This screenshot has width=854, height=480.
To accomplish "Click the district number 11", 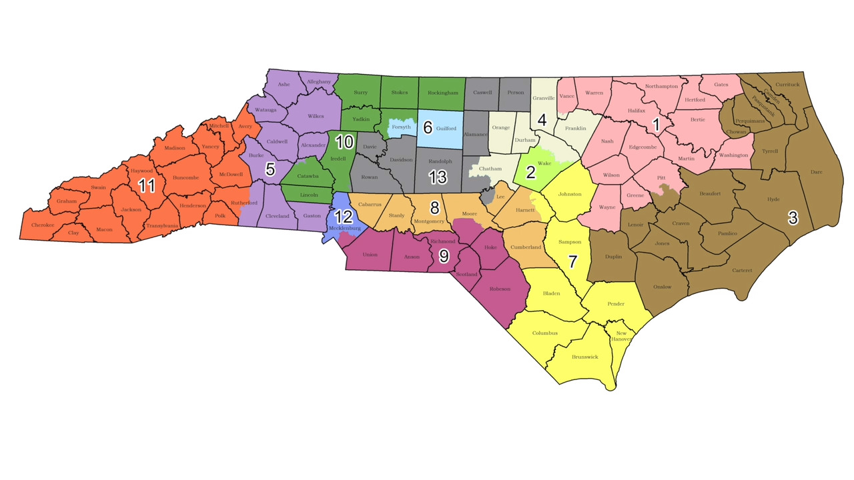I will point(146,185).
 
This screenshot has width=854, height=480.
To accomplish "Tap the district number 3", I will point(793,218).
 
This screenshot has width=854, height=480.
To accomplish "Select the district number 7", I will point(572,261).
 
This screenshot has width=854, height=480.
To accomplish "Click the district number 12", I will point(344,216).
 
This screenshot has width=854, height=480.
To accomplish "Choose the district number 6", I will point(428,127).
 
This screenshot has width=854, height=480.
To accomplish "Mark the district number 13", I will point(438,177).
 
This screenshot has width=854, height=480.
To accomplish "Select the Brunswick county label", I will point(585,357).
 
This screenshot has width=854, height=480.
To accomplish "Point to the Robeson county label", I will point(500,289).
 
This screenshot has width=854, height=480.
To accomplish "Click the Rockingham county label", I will point(443,93).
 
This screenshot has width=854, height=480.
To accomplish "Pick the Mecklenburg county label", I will point(345,228).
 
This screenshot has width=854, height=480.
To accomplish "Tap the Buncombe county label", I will point(181,177).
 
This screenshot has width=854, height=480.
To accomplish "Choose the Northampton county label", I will point(661,87).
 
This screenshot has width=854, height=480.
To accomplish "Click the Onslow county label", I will point(658,287).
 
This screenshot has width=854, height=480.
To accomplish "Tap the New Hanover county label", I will point(621,336).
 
